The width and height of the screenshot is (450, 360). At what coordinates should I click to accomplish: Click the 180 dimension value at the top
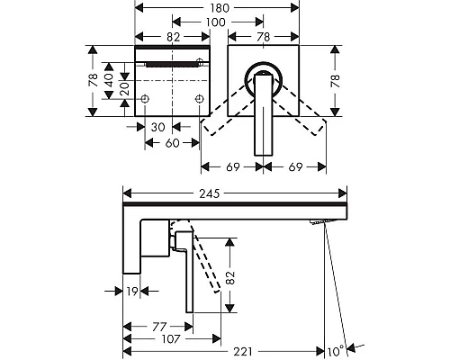tap(220, 8)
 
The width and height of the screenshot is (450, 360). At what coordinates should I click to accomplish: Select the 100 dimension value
tap(216, 22)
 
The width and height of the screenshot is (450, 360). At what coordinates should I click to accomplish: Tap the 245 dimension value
tap(210, 193)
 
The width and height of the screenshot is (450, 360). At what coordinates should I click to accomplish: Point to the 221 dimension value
tap(243, 351)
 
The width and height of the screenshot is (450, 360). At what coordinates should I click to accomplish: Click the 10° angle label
tap(336, 351)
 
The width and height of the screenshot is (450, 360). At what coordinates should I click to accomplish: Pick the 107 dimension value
tap(171, 339)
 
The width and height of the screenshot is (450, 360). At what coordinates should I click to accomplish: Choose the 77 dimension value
tap(159, 327)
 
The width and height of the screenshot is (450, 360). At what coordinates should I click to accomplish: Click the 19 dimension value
tap(132, 292)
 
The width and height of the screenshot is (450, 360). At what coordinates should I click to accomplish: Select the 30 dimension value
tap(158, 127)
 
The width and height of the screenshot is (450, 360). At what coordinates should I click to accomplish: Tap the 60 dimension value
tap(172, 143)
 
